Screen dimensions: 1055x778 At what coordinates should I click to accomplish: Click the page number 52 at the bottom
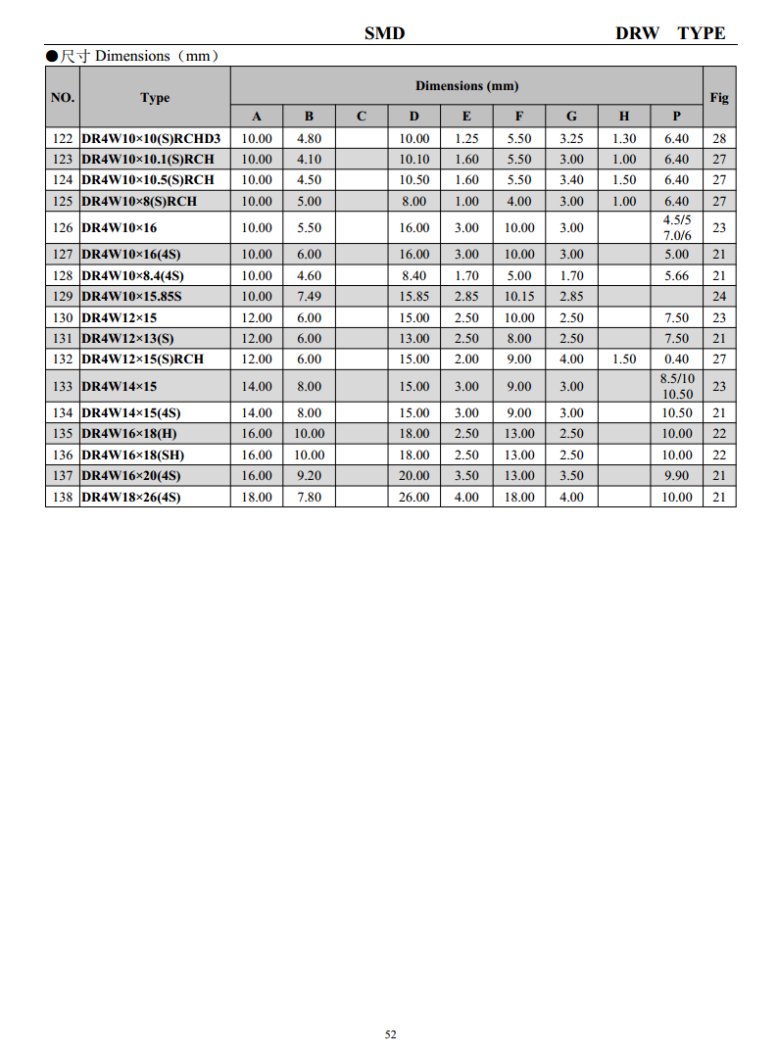(x=390, y=1034)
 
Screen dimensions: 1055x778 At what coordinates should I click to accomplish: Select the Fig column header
(x=719, y=97)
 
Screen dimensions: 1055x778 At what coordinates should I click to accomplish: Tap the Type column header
(x=155, y=97)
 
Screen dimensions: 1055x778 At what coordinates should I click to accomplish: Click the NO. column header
(x=62, y=97)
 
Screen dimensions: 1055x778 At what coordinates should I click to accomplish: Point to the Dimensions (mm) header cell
(x=466, y=86)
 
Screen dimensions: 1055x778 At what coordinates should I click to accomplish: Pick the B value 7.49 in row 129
(x=309, y=296)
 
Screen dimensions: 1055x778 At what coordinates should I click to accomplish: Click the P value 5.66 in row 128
(x=676, y=275)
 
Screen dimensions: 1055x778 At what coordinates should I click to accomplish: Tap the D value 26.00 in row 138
(x=413, y=497)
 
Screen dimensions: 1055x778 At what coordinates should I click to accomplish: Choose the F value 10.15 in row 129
(x=519, y=296)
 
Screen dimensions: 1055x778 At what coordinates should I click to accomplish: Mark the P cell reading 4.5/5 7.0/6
(x=676, y=227)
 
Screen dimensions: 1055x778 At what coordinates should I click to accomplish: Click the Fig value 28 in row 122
(x=719, y=138)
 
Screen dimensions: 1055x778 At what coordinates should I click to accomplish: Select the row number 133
(x=62, y=386)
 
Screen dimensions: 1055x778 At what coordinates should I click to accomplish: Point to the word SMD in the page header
(x=384, y=33)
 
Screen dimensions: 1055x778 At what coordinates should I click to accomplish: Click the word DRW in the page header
(x=637, y=33)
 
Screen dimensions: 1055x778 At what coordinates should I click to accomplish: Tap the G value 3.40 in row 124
(x=571, y=179)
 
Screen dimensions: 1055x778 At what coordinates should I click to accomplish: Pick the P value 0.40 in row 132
(x=676, y=359)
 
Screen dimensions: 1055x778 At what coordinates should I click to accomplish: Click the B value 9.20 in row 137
(x=309, y=475)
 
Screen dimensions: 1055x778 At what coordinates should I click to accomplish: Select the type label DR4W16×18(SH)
(x=132, y=455)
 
